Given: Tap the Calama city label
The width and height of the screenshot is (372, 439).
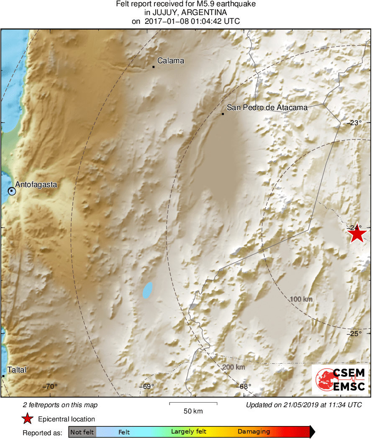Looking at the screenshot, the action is (x=171, y=61).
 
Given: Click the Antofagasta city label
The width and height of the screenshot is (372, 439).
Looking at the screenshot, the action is (x=36, y=184).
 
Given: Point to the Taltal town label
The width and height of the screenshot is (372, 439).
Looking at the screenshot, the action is (x=17, y=370).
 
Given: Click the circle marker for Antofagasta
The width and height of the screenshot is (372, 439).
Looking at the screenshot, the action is (x=12, y=191).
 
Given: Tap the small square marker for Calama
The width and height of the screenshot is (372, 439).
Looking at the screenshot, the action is (x=154, y=67).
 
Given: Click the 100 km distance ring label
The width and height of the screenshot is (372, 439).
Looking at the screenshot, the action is (x=301, y=299).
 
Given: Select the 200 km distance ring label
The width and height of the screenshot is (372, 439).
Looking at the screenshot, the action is (x=233, y=367).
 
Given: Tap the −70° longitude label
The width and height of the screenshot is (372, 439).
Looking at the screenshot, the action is (x=51, y=386).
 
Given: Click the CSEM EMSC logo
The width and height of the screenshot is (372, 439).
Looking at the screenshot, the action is (x=340, y=380).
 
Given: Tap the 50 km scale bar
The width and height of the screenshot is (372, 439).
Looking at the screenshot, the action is (x=193, y=403).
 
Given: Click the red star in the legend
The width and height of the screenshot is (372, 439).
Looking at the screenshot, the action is (x=28, y=418).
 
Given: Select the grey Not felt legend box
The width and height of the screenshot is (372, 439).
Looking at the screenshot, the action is (x=82, y=432).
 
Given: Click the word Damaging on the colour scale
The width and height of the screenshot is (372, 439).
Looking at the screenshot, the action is (x=254, y=432).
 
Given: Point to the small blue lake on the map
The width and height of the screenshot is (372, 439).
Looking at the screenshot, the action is (x=147, y=290).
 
